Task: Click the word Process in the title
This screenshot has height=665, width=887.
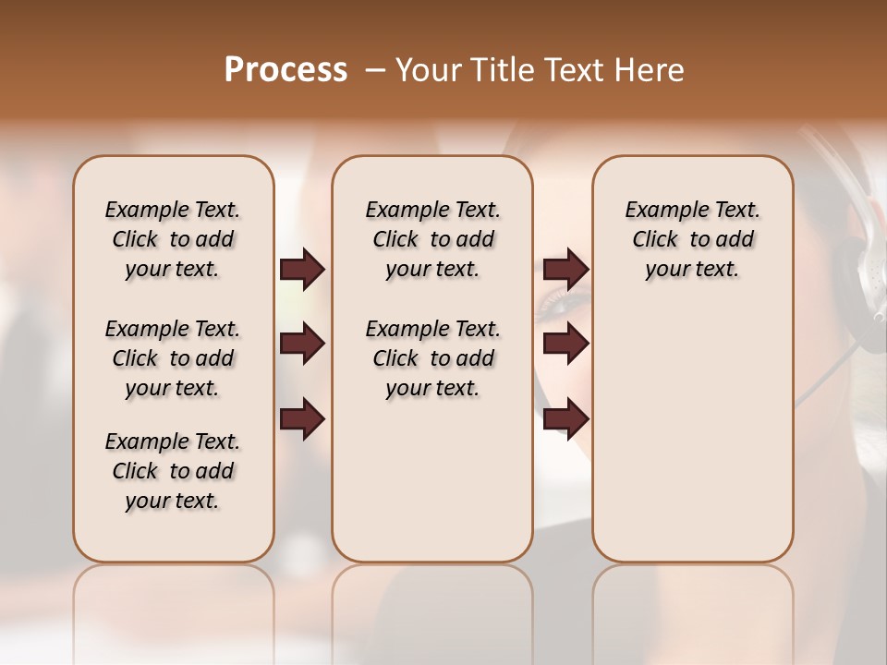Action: tap(286, 70)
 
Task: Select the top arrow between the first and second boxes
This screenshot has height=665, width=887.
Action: tap(302, 269)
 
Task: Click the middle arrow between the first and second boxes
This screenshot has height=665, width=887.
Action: tap(302, 344)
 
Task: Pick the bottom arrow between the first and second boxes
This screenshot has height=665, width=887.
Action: tap(302, 419)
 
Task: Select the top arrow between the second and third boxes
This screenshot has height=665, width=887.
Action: tap(565, 269)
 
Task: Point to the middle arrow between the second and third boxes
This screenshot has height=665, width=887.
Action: tap(565, 344)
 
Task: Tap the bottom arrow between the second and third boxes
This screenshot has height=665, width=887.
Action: tap(565, 419)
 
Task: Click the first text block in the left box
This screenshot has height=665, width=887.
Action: tap(173, 239)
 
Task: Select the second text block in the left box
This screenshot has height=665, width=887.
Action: tap(173, 358)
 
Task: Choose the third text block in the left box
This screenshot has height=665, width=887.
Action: tap(173, 471)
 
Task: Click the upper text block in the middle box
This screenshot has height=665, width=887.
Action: tap(432, 239)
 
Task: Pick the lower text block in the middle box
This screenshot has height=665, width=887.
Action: tap(432, 358)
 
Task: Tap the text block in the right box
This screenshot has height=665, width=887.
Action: tap(692, 239)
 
